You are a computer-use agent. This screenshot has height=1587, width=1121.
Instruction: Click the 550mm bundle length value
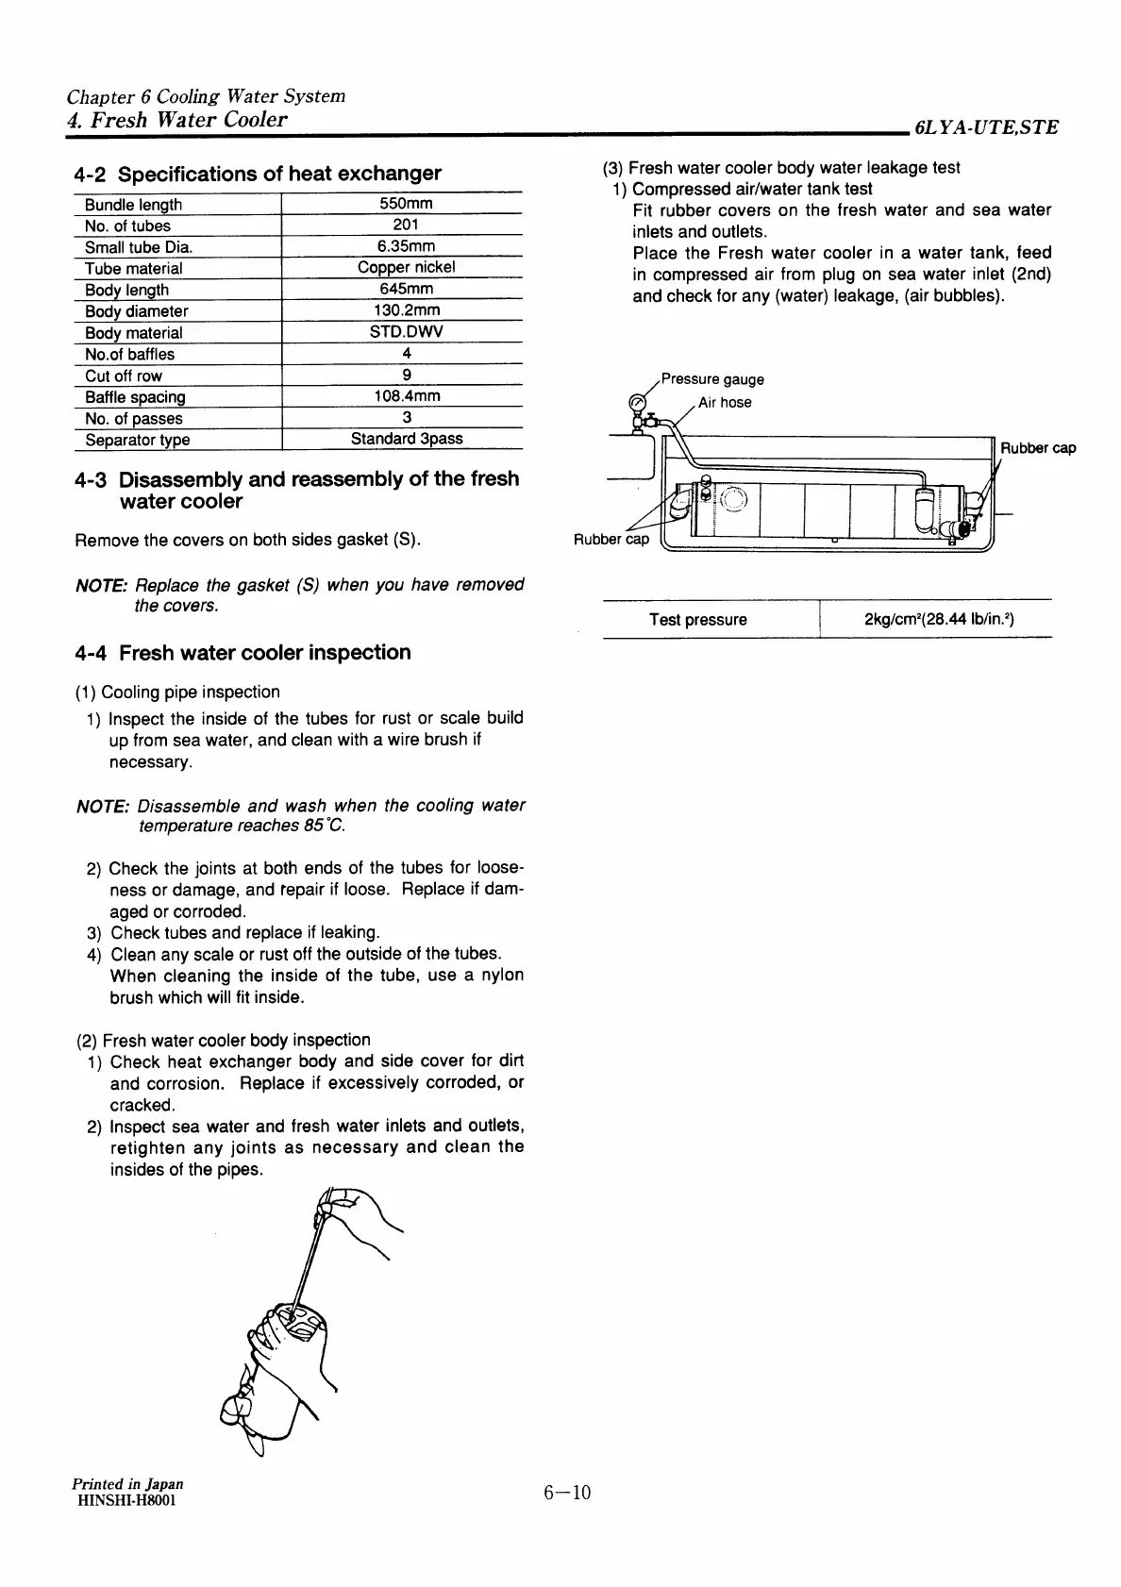tap(406, 204)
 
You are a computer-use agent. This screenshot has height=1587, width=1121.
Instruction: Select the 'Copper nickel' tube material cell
tap(406, 268)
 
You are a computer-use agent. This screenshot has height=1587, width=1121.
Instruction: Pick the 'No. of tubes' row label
tap(127, 226)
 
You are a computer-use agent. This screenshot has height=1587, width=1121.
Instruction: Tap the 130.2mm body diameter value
tap(407, 310)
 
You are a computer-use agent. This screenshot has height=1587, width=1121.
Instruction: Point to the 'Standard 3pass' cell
tap(407, 439)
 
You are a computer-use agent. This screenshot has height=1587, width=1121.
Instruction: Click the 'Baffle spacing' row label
tap(135, 397)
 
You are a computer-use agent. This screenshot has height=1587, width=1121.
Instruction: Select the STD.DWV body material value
tap(407, 332)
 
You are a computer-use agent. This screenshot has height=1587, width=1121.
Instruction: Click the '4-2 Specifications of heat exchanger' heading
tap(258, 174)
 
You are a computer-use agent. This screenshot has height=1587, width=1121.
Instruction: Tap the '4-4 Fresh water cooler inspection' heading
tap(243, 653)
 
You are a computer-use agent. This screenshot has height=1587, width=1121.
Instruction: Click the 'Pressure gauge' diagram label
tap(712, 379)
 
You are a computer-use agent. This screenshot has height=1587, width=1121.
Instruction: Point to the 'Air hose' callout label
tap(725, 403)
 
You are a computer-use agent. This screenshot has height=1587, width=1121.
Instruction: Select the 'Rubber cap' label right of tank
tap(1038, 448)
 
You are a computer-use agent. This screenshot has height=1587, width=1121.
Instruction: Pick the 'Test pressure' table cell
tap(697, 620)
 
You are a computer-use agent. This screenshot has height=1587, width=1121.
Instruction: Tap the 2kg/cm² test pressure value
tap(938, 620)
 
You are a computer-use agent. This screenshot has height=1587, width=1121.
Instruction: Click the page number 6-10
tap(566, 1493)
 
